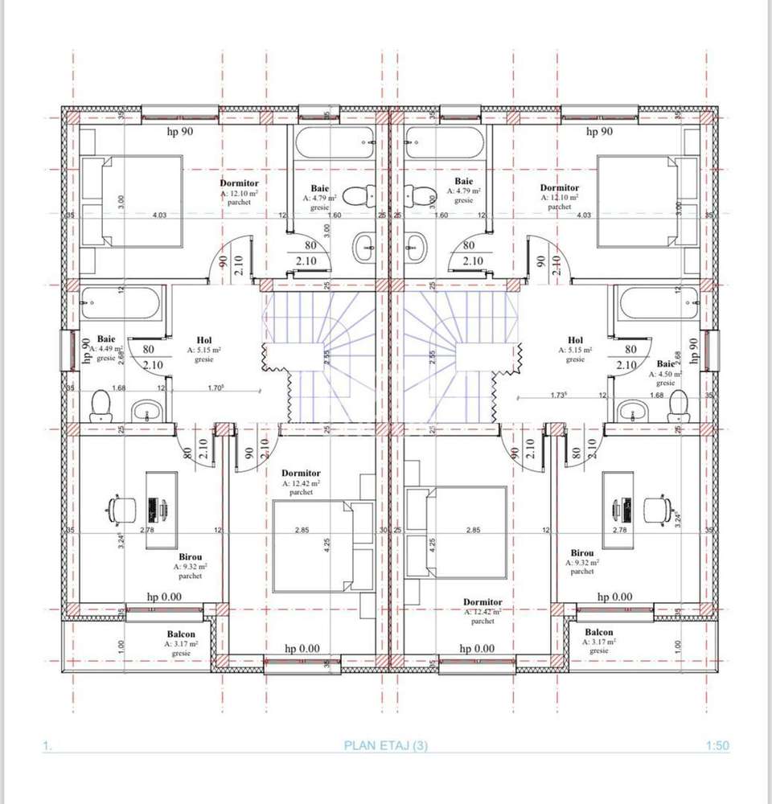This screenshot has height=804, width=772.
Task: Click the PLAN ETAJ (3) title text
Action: pyautogui.click(x=386, y=745)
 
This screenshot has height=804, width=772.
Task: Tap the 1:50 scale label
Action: pyautogui.click(x=717, y=745)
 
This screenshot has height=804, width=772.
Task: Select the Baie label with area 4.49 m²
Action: pyautogui.click(x=105, y=340)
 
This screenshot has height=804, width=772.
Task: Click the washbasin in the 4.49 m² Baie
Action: pyautogui.click(x=146, y=412)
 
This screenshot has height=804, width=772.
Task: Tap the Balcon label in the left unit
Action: pyautogui.click(x=181, y=634)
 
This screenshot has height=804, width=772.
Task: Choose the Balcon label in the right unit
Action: pyautogui.click(x=599, y=632)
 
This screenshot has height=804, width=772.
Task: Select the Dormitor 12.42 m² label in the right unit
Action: pyautogui.click(x=482, y=602)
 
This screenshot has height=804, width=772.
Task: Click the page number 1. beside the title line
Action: pyautogui.click(x=47, y=746)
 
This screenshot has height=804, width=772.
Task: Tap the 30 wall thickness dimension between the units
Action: pyautogui.click(x=385, y=530)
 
